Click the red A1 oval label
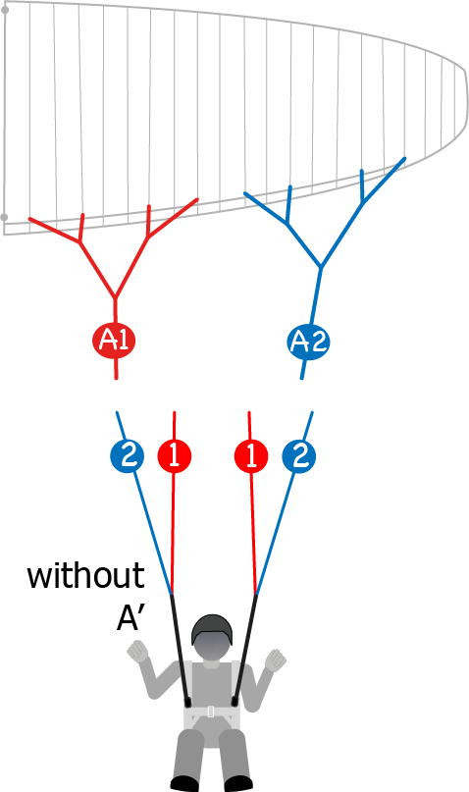(x=114, y=341)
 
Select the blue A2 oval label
(x=308, y=342)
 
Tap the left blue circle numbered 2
(x=128, y=456)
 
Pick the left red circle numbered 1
(x=175, y=456)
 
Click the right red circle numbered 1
(x=251, y=456)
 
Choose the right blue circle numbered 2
(x=299, y=456)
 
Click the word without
(x=85, y=575)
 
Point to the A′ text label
(x=129, y=617)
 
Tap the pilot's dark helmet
(x=213, y=629)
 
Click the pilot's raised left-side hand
(x=137, y=651)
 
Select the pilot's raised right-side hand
(x=276, y=660)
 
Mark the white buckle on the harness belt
(x=211, y=712)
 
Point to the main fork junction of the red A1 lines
(x=115, y=296)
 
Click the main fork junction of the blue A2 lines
(x=320, y=267)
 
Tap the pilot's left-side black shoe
(x=184, y=783)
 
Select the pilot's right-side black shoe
(x=237, y=783)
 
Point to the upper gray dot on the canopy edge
(x=5, y=10)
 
